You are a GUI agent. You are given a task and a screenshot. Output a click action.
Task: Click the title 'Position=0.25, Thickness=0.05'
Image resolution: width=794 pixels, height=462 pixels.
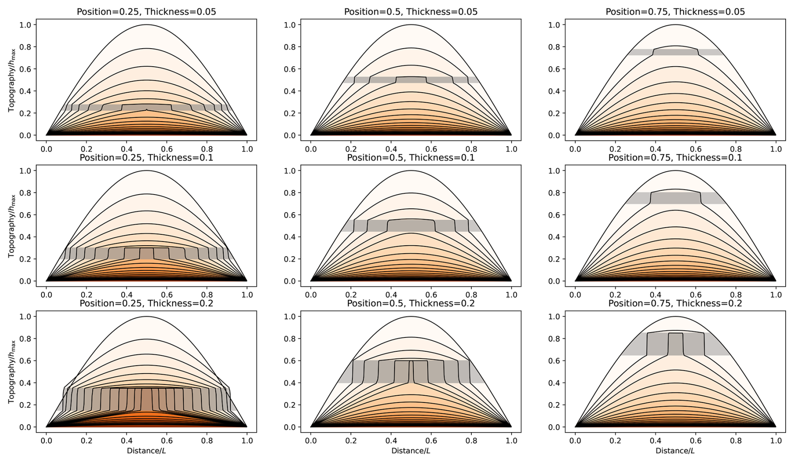146,12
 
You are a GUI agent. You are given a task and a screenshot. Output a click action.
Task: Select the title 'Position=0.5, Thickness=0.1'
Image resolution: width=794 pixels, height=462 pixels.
410,158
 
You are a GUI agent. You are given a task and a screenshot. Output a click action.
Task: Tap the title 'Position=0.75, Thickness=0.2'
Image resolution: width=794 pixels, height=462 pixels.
675,303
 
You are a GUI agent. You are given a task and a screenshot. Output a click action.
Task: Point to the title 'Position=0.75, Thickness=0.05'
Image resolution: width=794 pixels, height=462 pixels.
675,12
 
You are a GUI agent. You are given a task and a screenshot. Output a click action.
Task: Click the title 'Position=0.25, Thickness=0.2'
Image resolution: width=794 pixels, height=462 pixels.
146,303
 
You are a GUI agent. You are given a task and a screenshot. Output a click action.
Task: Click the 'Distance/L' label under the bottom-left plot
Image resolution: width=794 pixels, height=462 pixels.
146,451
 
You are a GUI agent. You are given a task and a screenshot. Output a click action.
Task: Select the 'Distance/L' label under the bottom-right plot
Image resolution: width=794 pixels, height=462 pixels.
675,451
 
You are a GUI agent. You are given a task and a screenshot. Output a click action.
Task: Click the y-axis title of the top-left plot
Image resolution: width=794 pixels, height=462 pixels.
11,80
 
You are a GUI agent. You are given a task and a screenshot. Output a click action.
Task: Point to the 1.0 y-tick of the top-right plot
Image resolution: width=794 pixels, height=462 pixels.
554,25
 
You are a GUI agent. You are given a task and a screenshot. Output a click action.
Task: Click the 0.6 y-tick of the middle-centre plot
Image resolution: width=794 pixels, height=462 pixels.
290,215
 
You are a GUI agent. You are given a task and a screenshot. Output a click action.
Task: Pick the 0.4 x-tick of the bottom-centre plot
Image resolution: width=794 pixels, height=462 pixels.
391,441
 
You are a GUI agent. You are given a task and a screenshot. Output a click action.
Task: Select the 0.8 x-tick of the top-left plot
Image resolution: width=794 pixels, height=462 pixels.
207,149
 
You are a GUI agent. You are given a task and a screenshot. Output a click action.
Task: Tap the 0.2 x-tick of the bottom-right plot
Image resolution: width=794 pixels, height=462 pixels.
615,441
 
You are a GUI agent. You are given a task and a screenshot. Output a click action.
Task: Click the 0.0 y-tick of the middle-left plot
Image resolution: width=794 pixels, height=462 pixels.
25,281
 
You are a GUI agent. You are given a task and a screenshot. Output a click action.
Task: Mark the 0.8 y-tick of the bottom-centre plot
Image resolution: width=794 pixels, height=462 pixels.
290,339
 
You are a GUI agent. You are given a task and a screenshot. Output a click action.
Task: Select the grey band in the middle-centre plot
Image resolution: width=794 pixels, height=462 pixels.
378,226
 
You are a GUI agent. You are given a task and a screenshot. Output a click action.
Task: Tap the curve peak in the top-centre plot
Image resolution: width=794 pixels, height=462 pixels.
411,25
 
